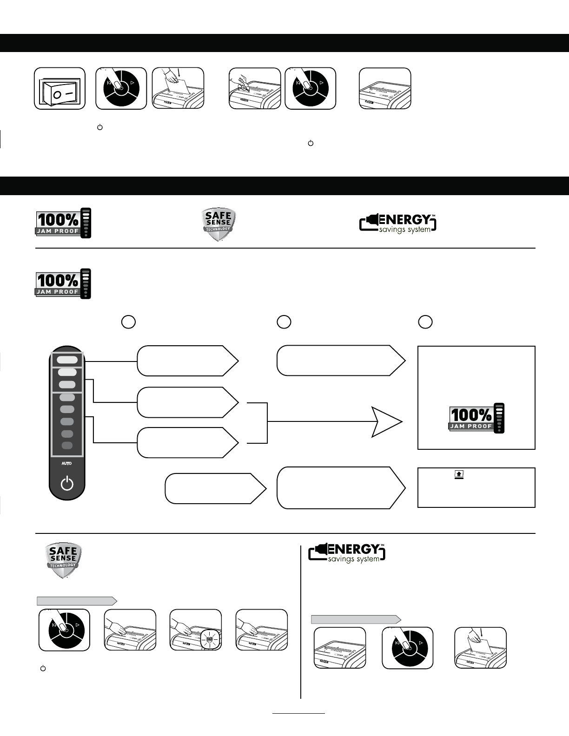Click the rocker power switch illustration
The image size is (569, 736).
click(60, 89)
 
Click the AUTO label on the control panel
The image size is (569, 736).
click(67, 463)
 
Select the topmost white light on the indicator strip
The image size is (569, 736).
click(67, 360)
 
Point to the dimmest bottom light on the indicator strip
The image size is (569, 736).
click(67, 446)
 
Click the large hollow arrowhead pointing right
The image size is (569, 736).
click(386, 422)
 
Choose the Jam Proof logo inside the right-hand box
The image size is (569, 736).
click(476, 418)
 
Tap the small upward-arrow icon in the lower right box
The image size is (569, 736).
click(459, 474)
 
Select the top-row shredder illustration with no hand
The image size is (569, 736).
click(385, 89)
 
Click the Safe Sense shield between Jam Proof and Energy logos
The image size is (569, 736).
click(218, 224)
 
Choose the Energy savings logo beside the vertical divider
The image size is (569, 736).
click(347, 553)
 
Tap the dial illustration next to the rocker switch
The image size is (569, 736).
click(121, 89)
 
